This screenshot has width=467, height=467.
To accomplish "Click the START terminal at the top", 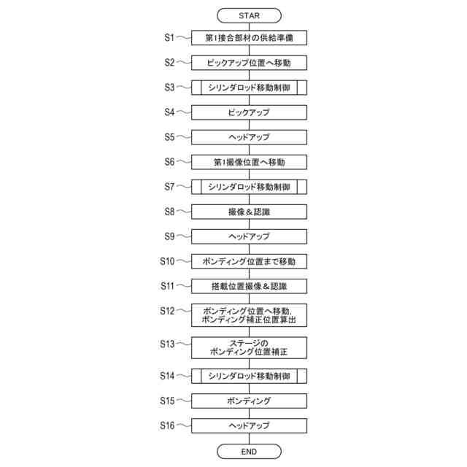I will click(249, 15).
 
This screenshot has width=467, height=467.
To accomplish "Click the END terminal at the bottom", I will click(249, 452).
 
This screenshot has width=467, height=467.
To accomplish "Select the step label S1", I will click(169, 37).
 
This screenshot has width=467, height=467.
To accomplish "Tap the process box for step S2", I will click(249, 63).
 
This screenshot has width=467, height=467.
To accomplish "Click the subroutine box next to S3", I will click(249, 88).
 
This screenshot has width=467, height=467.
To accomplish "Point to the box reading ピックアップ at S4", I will click(249, 113).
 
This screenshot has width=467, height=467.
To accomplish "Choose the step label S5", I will click(169, 137).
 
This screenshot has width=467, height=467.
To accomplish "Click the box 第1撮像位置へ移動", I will click(249, 162).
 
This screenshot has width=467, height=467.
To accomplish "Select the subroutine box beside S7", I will click(249, 188).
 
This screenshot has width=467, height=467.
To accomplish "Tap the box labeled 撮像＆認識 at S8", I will click(249, 212).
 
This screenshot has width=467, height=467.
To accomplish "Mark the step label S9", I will click(169, 236).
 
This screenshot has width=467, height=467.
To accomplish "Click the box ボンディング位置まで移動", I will click(249, 261).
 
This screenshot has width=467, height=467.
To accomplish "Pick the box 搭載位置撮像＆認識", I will click(249, 286).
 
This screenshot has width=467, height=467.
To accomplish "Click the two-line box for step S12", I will click(249, 315).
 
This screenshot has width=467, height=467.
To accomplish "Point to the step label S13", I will click(168, 343).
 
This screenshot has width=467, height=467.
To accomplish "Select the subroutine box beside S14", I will click(249, 377).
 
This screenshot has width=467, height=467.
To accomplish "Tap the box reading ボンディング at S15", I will click(249, 401).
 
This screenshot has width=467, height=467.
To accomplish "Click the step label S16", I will click(168, 425).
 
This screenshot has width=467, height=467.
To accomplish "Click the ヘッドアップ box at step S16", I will click(249, 426).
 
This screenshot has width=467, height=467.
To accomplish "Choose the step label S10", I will click(168, 260).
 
